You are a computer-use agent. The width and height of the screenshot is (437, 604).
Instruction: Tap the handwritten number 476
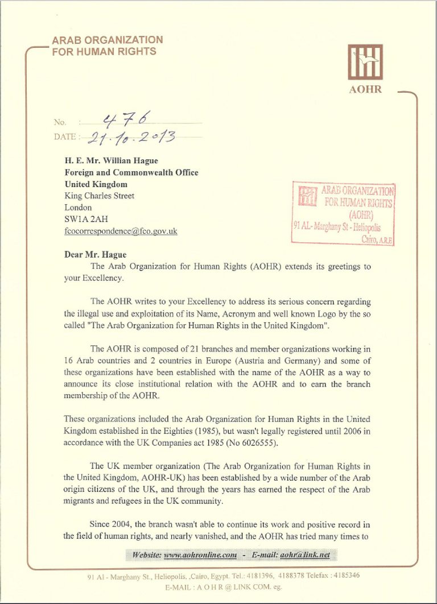[125, 119]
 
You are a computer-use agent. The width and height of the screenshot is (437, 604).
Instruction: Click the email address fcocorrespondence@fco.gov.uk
[121, 231]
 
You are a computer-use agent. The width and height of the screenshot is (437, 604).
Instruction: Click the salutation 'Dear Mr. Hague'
[96, 254]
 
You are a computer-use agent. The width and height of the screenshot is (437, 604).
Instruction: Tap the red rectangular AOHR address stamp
[343, 213]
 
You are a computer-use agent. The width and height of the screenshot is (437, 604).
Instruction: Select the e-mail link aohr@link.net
[302, 555]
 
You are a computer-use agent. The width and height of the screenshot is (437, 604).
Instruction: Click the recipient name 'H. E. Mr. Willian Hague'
[112, 161]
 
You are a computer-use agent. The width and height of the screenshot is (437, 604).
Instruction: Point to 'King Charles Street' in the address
[100, 196]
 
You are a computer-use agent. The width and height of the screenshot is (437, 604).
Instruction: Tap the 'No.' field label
[60, 122]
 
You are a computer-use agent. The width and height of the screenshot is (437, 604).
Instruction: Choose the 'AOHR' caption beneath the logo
[366, 89]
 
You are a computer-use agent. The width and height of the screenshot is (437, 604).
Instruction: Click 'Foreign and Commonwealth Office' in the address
[131, 172]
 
